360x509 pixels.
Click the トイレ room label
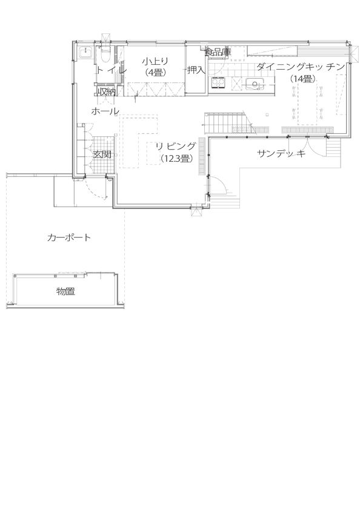111,70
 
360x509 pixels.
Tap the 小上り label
155,61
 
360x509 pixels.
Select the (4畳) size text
155,72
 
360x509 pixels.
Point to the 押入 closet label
196,70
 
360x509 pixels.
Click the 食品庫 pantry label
218,53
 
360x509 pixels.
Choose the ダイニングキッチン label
300,66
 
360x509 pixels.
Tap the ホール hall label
105,111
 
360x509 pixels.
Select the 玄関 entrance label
101,155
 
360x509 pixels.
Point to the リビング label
175,147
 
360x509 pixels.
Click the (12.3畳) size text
176,159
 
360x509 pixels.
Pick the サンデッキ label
280,154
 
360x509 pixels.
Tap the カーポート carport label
69,238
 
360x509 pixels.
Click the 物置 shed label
65,291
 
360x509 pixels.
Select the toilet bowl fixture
104,55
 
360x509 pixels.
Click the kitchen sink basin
258,84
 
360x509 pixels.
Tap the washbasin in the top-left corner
85,53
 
